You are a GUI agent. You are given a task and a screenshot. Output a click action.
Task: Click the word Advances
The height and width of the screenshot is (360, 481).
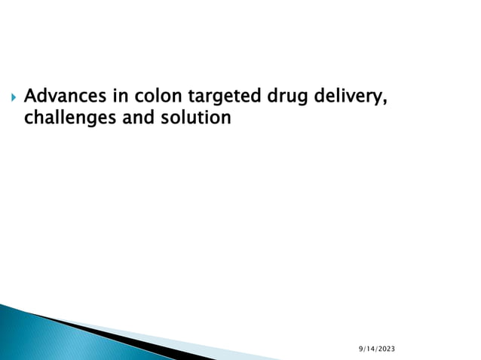coord(64,97)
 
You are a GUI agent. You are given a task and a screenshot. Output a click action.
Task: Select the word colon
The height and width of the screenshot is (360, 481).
coord(158,97)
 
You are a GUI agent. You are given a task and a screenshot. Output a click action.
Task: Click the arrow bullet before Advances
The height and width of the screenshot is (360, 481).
coord(10,98)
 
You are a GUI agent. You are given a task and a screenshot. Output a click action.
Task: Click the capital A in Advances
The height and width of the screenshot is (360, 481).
coord(31,97)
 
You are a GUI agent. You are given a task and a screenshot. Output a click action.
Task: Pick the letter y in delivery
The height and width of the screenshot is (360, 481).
coord(379,99)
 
